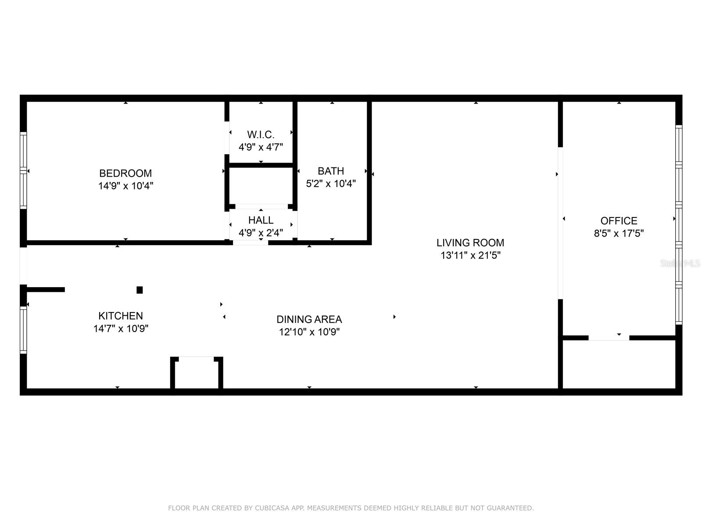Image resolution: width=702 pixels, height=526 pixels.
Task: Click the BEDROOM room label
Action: pos(125,173)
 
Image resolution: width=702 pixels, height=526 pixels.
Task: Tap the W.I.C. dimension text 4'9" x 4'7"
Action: pos(261,147)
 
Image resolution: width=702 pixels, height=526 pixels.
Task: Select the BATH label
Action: pos(331,171)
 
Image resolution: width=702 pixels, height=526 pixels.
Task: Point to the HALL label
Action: pos(261,220)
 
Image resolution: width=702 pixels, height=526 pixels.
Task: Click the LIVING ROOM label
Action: pos(470,242)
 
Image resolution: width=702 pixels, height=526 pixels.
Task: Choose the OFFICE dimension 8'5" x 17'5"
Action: pos(619,234)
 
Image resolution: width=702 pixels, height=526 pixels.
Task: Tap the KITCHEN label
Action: pos(121,316)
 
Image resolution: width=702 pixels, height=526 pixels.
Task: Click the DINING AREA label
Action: pos(309,319)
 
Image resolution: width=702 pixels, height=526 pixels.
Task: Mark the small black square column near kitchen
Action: pos(140,290)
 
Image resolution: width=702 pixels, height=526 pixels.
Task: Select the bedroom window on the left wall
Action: pos(23,170)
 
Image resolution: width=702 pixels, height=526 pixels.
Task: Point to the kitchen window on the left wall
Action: pos(23,330)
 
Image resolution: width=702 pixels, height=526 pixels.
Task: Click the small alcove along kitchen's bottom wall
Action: pos(197,373)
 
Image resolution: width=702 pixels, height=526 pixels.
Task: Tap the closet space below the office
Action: pos(619,364)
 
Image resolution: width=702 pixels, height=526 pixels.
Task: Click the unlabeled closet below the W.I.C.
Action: pos(261,185)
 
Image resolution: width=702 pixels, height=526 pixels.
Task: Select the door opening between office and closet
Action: pos(609,338)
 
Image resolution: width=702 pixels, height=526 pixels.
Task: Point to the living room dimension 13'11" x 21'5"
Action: pos(470,255)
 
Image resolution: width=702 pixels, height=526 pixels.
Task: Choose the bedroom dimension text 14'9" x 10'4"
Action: pos(125,186)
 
